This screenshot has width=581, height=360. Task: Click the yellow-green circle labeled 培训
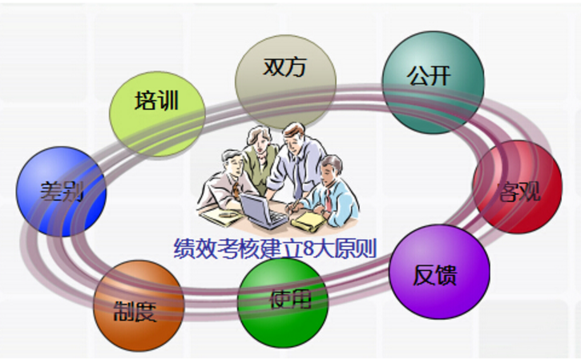click(x=157, y=114)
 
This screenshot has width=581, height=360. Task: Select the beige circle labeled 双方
click(x=285, y=83)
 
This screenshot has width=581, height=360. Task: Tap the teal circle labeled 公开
click(x=434, y=83)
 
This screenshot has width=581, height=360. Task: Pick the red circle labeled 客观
click(x=517, y=187)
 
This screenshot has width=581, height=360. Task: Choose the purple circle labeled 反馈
click(x=439, y=272)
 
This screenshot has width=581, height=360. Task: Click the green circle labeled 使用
click(x=283, y=303)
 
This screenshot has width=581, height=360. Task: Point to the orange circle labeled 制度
click(x=139, y=305)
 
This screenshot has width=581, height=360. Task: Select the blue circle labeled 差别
click(x=61, y=192)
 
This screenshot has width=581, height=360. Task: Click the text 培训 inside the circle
click(x=156, y=100)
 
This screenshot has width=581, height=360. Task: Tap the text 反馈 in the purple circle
click(x=434, y=275)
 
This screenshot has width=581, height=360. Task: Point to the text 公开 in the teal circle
click(x=429, y=75)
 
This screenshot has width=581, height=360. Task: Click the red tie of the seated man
click(x=329, y=200)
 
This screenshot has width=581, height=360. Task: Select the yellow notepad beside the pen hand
click(x=309, y=221)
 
